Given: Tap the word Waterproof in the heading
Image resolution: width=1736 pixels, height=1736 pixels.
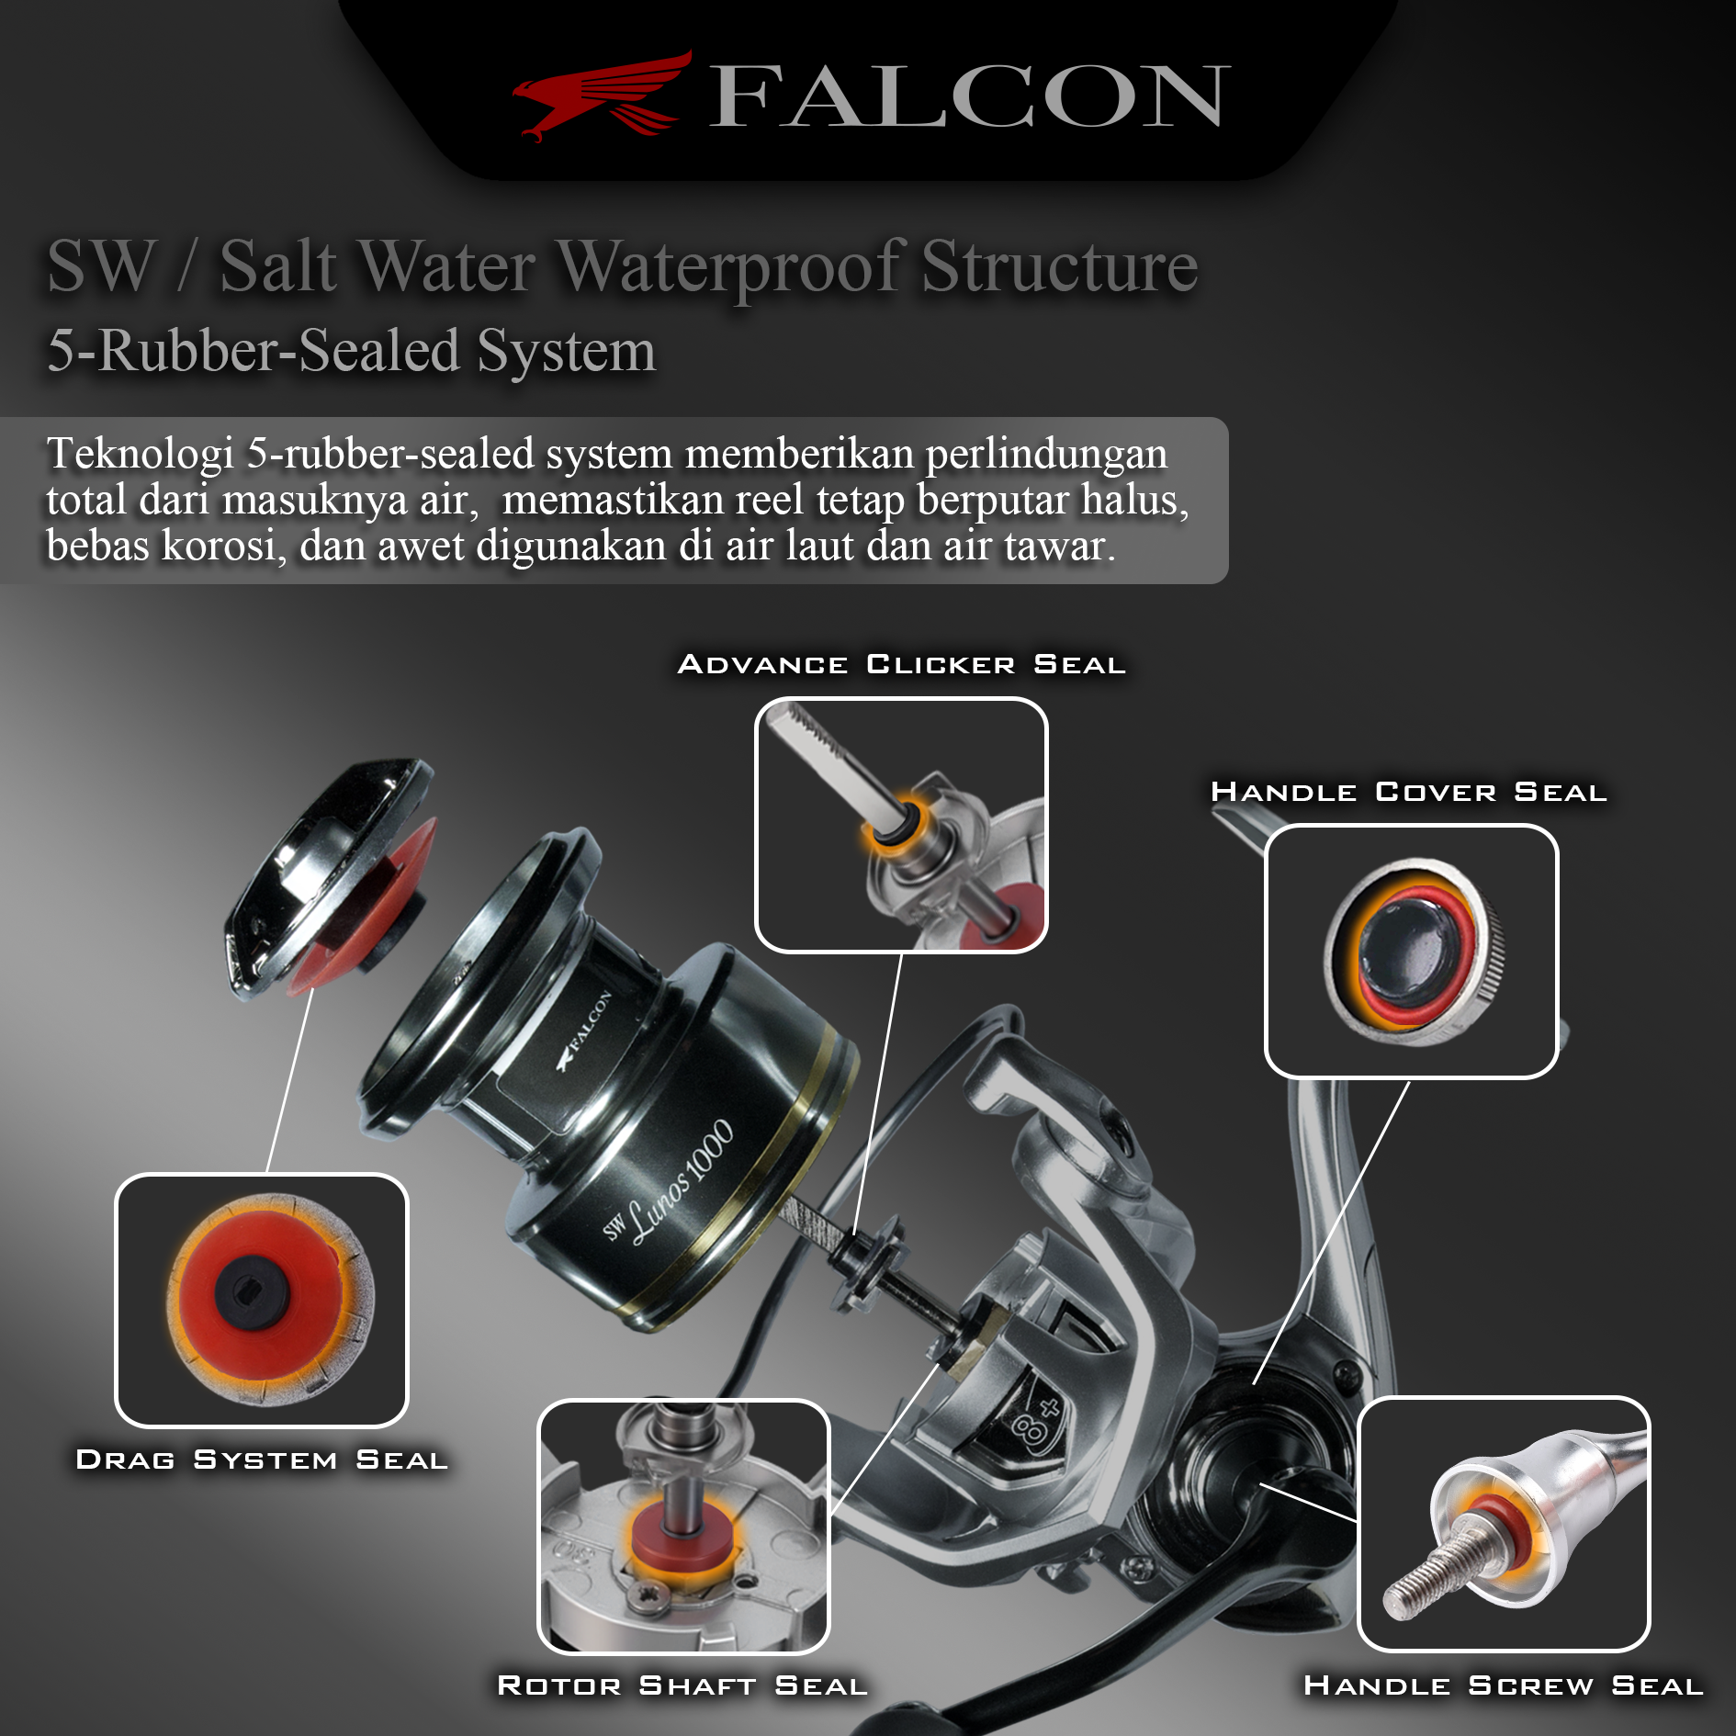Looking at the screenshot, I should coord(731,266).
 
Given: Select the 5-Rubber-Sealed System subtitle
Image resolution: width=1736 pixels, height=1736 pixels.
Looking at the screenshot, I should coord(351,351).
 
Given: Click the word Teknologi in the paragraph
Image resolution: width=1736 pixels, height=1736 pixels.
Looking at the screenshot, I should coord(140,454).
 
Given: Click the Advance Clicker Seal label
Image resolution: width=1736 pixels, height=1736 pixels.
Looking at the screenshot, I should coord(901,664).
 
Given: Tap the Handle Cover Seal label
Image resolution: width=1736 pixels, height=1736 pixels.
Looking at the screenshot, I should coord(1408,792).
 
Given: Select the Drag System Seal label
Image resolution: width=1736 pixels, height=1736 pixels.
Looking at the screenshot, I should coord(262,1460).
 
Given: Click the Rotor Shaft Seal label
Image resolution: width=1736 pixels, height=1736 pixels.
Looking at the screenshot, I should coord(682,1685).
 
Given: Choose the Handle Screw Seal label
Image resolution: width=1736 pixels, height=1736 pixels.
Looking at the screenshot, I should coord(1504,1685).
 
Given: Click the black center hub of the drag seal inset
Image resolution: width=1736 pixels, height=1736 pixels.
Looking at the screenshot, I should coord(252,1293).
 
